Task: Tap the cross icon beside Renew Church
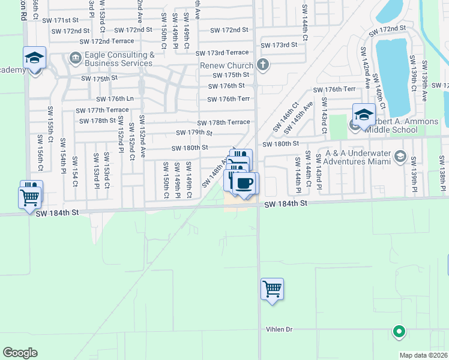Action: [262, 64]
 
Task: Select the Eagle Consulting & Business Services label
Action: [119, 59]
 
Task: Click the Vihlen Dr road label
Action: [280, 329]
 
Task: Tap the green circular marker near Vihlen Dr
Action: [398, 331]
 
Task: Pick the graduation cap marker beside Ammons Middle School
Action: [364, 114]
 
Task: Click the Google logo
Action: [20, 353]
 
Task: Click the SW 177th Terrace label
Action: [102, 110]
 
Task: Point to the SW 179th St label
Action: [194, 133]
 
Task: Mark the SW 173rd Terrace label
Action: [221, 53]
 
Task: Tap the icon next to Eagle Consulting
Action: [76, 58]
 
